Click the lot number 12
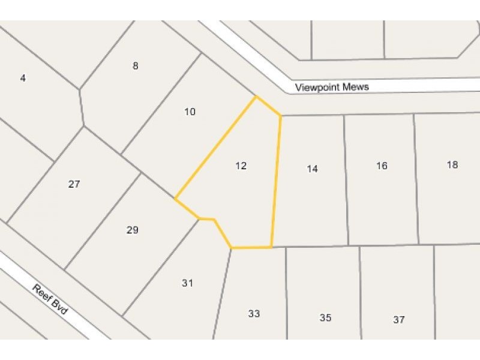pyautogui.click(x=241, y=166)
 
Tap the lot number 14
pyautogui.click(x=312, y=169)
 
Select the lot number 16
pyautogui.click(x=382, y=166)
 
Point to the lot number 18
pyautogui.click(x=452, y=164)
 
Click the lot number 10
pyautogui.click(x=190, y=112)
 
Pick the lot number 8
pyautogui.click(x=136, y=66)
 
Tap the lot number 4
pyautogui.click(x=23, y=78)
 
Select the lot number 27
pyautogui.click(x=74, y=184)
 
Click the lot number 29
pyautogui.click(x=133, y=230)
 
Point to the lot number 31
pyautogui.click(x=187, y=283)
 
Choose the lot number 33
pyautogui.click(x=254, y=313)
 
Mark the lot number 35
pyautogui.click(x=325, y=318)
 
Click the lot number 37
pyautogui.click(x=399, y=320)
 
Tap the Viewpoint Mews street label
pyautogui.click(x=332, y=87)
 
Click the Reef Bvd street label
pyautogui.click(x=52, y=301)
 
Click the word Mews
pyautogui.click(x=356, y=87)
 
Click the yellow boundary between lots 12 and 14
pyautogui.click(x=277, y=180)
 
